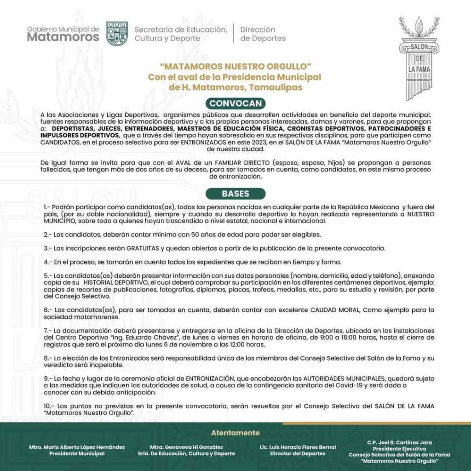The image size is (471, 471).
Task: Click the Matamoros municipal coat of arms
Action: pos(117,34)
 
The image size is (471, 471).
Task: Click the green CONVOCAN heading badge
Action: pos(235,103)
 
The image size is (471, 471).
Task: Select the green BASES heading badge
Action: pos(235,194)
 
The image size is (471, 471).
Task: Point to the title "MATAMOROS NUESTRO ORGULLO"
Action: pos(235,67)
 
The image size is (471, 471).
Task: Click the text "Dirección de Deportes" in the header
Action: pos(263,34)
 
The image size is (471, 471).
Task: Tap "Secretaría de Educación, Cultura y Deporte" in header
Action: pos(180,34)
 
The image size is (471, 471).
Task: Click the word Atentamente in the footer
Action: pos(235,433)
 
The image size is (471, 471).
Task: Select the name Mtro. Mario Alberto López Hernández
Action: pos(77,447)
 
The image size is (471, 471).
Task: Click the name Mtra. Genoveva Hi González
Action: pos(192,447)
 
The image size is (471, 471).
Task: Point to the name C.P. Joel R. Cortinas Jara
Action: pos(399,442)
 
